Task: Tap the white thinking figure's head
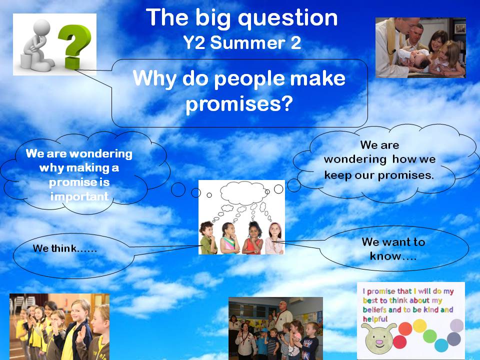click(x=41, y=28)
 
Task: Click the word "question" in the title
click(x=288, y=19)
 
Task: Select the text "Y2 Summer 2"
click(x=242, y=42)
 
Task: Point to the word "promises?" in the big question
click(x=239, y=103)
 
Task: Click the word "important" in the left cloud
click(x=79, y=196)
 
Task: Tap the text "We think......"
click(x=65, y=248)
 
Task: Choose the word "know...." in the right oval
click(x=393, y=256)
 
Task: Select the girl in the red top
click(x=252, y=237)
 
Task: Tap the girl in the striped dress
click(x=229, y=238)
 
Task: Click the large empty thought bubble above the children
click(x=243, y=193)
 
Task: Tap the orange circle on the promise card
click(x=405, y=328)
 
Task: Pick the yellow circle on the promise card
click(x=419, y=325)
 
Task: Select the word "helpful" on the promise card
click(x=375, y=319)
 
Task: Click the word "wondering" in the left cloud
click(x=100, y=153)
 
